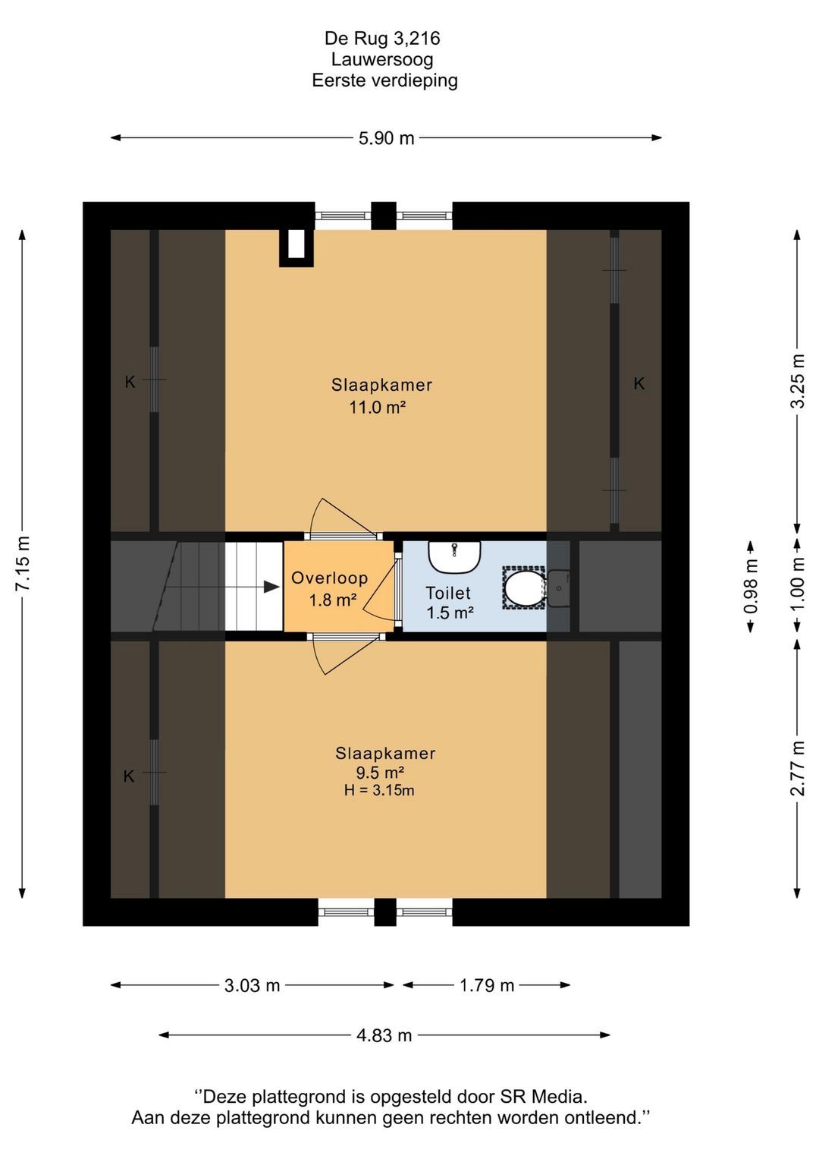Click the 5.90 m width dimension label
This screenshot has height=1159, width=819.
coord(386,139)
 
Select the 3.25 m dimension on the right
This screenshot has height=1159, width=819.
coord(797,382)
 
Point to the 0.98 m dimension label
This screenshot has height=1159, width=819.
coord(750,586)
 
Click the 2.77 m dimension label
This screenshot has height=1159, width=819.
coord(797,768)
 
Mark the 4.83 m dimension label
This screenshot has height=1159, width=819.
coord(384,1035)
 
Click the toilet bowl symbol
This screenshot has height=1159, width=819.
coord(524,587)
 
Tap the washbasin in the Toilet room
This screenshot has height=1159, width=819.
coord(454,557)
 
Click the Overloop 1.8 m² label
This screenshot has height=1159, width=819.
coord(330,588)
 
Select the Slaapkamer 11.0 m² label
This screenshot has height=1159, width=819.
coord(381,395)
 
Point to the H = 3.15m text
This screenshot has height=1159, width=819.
coord(379,790)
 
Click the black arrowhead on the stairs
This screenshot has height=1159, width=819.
coord(272,587)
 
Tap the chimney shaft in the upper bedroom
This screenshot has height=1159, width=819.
coord(297,248)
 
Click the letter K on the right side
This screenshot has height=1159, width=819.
coord(639,383)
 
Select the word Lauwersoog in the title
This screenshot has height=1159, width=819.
coord(382,59)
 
